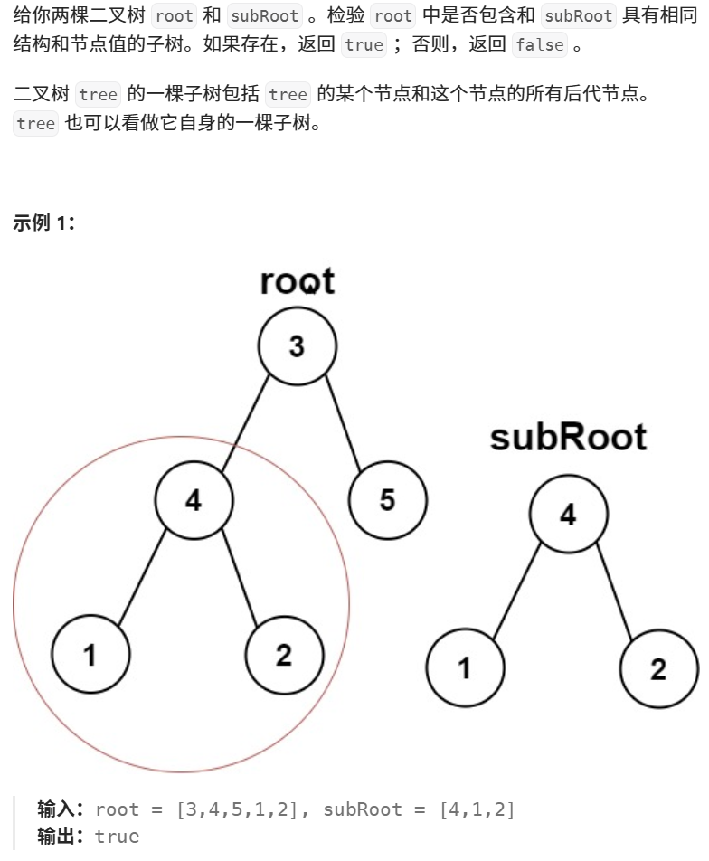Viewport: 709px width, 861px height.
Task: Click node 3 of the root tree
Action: click(297, 345)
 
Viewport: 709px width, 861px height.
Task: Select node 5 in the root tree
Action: click(387, 499)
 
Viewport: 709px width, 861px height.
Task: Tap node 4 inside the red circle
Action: click(194, 499)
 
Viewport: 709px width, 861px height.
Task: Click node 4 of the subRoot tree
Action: click(568, 514)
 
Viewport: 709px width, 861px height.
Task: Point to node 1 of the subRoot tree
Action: click(465, 668)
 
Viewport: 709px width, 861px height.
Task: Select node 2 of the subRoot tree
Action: click(658, 668)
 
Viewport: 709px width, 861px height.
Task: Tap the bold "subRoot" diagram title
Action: click(568, 438)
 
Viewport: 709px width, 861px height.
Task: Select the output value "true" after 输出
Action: click(117, 836)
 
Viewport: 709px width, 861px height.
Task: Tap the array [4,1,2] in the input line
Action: click(477, 809)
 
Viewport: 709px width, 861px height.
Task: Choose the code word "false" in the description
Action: click(539, 44)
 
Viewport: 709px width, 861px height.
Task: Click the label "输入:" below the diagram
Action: click(61, 809)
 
